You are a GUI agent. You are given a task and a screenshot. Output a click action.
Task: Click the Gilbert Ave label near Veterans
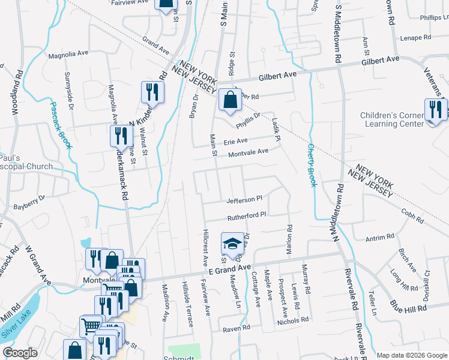380,60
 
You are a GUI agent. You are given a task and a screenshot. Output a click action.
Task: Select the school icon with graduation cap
230,244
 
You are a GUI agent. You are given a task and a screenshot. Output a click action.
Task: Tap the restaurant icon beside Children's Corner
435,110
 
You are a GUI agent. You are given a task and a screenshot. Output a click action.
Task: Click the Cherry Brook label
312,165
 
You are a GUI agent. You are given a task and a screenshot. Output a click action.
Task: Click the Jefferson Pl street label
244,199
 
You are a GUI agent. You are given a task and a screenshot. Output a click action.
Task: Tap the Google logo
20,352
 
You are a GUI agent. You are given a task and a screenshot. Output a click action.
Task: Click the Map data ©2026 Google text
411,355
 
